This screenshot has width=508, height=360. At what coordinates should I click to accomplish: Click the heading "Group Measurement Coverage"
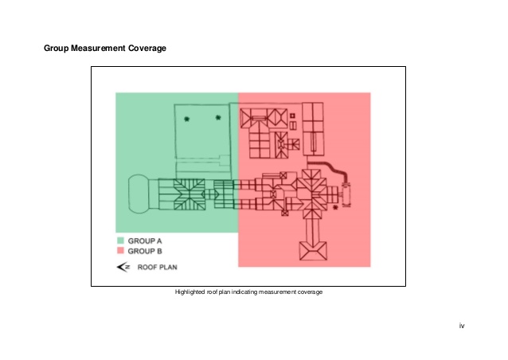(x=104, y=49)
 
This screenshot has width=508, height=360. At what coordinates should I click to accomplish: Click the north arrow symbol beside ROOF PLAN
(x=123, y=268)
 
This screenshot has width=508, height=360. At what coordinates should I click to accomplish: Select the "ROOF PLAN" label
(x=157, y=268)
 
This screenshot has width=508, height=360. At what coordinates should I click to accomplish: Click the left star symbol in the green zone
(x=186, y=119)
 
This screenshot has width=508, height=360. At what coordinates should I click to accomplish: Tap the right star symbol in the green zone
(x=217, y=119)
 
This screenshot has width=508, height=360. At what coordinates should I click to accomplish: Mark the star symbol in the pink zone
(x=335, y=207)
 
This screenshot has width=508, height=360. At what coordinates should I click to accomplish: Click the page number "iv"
(x=462, y=326)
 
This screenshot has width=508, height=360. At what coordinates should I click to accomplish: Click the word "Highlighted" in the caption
(x=190, y=292)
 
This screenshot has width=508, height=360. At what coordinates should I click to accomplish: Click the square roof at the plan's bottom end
(x=311, y=252)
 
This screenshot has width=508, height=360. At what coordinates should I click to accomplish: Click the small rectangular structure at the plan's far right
(x=347, y=194)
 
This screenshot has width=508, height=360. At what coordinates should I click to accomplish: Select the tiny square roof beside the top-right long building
(x=293, y=116)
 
